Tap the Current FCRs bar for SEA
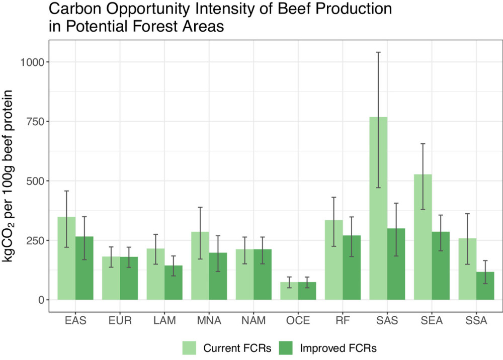pyautogui.click(x=423, y=237)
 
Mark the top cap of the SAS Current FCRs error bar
pyautogui.click(x=378, y=52)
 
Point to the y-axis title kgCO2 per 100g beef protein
pyautogui.click(x=11, y=176)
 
